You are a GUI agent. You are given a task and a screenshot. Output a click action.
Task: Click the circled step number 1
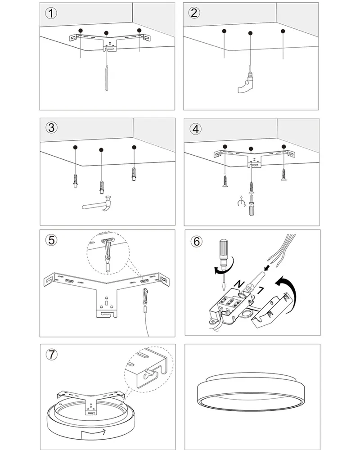coord(51,13)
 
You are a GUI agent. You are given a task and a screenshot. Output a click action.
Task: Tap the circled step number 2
coord(194,13)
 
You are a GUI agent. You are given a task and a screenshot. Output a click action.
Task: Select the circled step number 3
coord(52,128)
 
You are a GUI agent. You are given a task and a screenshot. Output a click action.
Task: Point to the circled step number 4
coord(195,129)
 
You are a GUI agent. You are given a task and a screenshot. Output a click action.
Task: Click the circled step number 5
coord(51,240)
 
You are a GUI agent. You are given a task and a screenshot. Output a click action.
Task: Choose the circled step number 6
coord(197,241)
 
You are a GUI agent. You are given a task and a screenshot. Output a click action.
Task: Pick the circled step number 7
coord(52,355)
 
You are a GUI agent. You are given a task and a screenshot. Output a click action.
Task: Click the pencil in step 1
coord(107,78)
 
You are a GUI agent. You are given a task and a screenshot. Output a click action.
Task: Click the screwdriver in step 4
coord(252,205)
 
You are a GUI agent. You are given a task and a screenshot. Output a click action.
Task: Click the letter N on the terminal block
coord(239,284)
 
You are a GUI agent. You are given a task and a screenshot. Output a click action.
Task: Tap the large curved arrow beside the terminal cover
coord(288,293)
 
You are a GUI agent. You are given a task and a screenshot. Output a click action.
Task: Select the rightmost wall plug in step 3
coord(134,174)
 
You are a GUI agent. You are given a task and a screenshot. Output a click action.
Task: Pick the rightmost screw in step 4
coord(284,175)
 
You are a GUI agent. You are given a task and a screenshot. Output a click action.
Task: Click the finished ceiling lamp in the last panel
coord(251,392)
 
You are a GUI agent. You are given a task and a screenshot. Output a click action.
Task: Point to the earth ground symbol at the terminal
coord(249,288)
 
